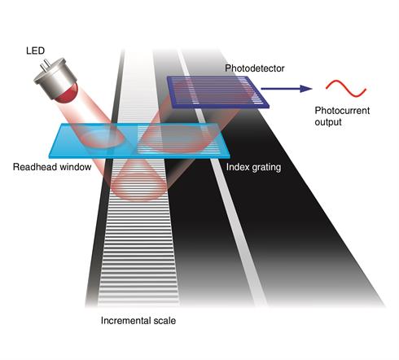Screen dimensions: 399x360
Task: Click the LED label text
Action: coord(35,50)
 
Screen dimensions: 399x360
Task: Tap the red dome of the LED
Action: coord(68,94)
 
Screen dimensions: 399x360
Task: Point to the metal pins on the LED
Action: coord(45,65)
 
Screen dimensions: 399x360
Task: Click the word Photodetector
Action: coord(255,68)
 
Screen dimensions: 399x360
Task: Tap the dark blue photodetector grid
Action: coord(218,92)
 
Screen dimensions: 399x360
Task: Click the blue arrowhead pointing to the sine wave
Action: coord(306,89)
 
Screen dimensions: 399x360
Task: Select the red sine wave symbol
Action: coord(346,89)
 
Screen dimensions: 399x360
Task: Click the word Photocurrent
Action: coord(342,111)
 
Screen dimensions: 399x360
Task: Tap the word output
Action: coord(328,122)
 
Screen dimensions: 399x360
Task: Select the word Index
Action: coord(235,167)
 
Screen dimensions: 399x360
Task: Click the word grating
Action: coord(264,167)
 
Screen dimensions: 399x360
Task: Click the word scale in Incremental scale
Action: coord(164,321)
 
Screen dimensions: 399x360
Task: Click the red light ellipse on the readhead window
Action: coord(103,138)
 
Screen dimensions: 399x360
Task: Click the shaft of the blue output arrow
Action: coord(280,89)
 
